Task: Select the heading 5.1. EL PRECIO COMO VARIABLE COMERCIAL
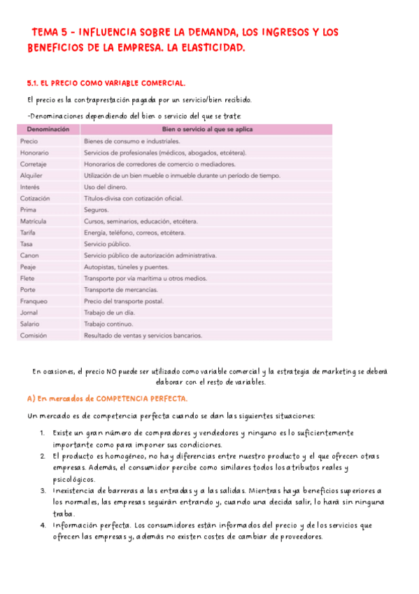click(x=106, y=83)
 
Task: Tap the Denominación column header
click(x=48, y=130)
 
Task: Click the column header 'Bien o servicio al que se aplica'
click(x=207, y=130)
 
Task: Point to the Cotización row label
click(x=35, y=198)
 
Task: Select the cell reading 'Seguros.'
click(x=97, y=209)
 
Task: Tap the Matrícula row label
click(x=34, y=221)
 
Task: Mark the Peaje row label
click(x=29, y=267)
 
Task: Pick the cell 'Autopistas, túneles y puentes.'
click(x=127, y=267)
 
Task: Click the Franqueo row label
click(x=34, y=301)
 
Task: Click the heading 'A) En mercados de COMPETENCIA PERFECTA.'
click(x=107, y=399)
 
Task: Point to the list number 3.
click(x=43, y=491)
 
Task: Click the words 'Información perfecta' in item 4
click(x=91, y=525)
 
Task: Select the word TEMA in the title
click(x=47, y=32)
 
